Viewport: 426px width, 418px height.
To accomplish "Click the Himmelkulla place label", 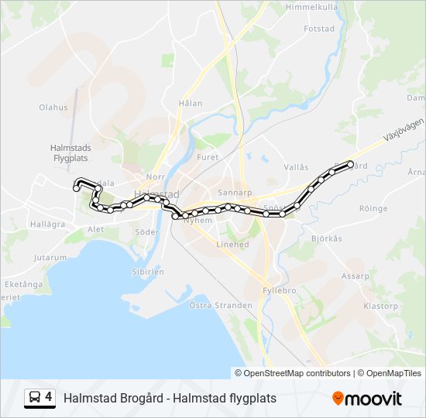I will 311,7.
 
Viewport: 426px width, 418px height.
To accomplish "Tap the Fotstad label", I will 318,29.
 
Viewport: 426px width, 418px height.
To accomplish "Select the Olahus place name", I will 53,108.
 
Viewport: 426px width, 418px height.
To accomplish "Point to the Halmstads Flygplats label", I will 70,152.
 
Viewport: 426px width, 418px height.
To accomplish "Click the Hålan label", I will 190,103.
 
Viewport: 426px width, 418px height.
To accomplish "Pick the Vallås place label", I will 296,167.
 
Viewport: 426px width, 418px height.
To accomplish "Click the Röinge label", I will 373,209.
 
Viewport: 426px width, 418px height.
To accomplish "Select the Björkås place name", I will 326,238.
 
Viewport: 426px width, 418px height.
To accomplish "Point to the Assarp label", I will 356,276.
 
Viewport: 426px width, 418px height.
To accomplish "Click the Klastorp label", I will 380,306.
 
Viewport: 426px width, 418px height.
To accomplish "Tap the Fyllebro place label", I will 280,290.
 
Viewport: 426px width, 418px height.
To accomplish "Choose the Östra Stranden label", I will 221,305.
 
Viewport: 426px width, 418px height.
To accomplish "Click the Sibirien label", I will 147,272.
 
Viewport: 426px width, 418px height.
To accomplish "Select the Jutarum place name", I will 50,257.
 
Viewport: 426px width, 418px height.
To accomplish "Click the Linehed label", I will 232,245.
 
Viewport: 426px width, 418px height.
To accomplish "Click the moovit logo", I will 367,399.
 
